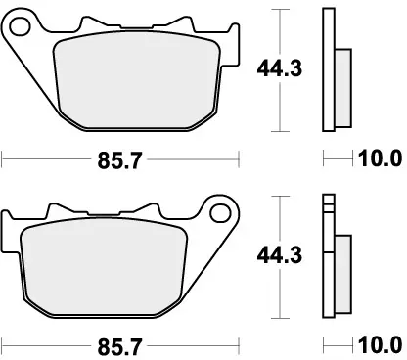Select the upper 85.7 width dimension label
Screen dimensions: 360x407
pyautogui.click(x=120, y=160)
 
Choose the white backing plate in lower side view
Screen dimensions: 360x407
pyautogui.click(x=328, y=259)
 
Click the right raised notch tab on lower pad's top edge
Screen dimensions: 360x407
pyautogui.click(x=147, y=207)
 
